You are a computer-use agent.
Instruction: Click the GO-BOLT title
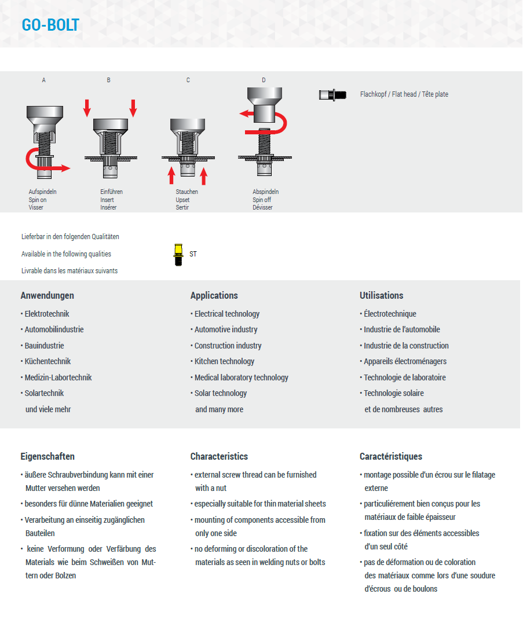(50, 25)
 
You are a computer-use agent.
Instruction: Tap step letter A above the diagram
(43, 80)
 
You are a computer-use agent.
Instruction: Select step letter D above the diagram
(264, 80)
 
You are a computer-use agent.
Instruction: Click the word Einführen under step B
(112, 192)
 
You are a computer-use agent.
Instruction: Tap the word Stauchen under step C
(186, 192)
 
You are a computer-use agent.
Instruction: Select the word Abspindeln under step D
(265, 192)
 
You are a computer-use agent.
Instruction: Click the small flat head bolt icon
(332, 94)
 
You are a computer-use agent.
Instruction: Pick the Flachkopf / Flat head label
(404, 94)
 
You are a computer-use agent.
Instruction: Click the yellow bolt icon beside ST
(178, 254)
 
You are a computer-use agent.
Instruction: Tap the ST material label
(193, 254)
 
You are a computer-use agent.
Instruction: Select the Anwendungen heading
(47, 295)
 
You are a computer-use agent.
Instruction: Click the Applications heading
(214, 295)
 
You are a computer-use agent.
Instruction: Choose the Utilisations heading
(381, 295)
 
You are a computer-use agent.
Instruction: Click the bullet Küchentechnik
(47, 361)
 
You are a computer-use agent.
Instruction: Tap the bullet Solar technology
(221, 393)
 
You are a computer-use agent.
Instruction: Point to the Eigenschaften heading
(47, 456)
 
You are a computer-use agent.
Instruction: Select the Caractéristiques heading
(390, 456)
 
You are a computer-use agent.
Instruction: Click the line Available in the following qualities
(66, 254)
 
